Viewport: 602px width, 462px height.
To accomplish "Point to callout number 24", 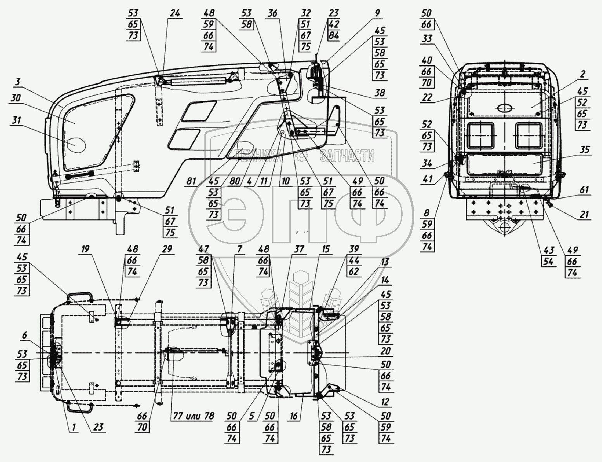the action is click(x=175, y=14).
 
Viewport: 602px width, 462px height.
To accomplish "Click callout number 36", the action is click(x=272, y=14).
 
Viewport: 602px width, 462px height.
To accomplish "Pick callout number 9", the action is click(x=377, y=13).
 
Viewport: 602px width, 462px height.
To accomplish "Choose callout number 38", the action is click(x=381, y=93).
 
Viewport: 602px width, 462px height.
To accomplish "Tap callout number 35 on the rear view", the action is click(x=585, y=150).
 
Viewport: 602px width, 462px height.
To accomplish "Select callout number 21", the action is click(x=584, y=214).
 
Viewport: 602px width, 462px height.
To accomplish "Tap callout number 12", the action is click(x=385, y=403).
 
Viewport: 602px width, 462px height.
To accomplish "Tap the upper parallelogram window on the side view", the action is click(x=199, y=110).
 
